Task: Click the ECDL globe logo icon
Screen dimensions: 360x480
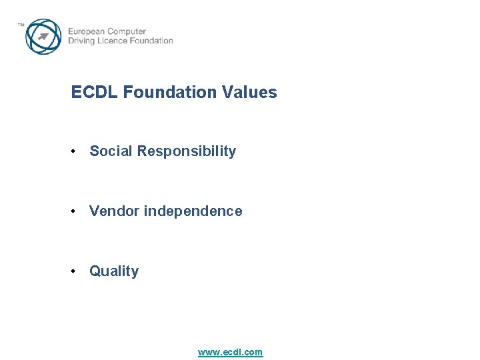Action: tap(43, 37)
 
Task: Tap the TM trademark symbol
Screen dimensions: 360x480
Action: tap(21, 25)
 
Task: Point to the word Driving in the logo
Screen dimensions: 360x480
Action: tap(83, 41)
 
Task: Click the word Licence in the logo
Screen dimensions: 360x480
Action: tap(115, 41)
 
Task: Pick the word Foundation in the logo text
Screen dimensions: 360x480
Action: tap(153, 41)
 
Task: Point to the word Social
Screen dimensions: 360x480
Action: tap(111, 151)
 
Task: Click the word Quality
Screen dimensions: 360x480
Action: tap(114, 271)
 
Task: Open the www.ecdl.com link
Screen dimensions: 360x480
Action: tap(230, 352)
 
